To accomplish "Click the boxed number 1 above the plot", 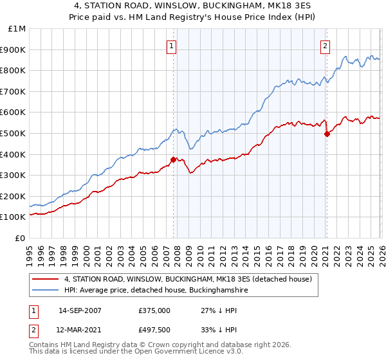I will (x=172, y=46).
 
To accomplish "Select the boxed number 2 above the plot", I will (x=326, y=46).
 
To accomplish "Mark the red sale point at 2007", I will (x=173, y=159).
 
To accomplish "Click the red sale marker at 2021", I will (x=327, y=134).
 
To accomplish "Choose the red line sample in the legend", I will (x=46, y=279).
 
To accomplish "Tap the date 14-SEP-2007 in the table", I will (x=80, y=310).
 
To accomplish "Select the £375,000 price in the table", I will (x=154, y=310).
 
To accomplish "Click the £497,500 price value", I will (x=154, y=329).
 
